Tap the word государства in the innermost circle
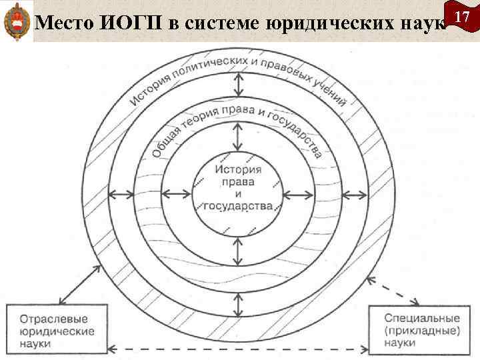(x=238, y=206)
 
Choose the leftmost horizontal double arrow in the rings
(x=120, y=195)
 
